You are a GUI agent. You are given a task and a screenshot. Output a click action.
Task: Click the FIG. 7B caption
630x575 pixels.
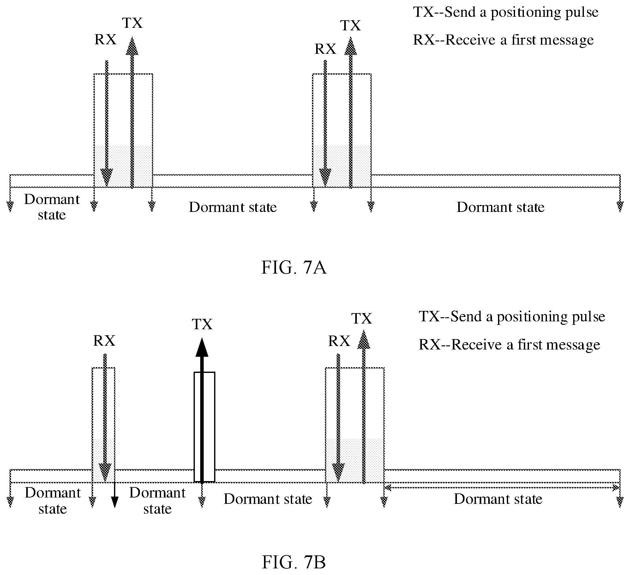(294, 562)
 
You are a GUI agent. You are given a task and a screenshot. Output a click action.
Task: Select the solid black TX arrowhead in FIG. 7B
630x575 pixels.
(202, 347)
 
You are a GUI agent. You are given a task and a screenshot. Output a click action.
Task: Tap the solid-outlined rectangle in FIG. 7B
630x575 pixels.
(204, 427)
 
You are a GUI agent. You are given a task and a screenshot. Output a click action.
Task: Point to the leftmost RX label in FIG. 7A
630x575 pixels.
(105, 40)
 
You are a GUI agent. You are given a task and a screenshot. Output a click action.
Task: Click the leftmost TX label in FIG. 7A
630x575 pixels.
(132, 23)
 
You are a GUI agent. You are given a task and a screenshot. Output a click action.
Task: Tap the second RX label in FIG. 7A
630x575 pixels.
(326, 49)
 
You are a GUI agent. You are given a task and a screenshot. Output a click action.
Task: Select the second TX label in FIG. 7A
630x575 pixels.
(351, 26)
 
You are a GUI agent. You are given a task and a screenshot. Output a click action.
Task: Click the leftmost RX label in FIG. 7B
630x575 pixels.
(104, 341)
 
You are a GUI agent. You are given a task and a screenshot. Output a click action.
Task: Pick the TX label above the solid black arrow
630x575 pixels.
(202, 324)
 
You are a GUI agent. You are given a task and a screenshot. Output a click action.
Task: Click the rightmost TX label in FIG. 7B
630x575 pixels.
(362, 319)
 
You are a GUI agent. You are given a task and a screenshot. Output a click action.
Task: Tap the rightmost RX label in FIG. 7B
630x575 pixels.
(339, 341)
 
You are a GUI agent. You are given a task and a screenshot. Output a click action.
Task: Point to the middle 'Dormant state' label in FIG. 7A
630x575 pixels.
(233, 207)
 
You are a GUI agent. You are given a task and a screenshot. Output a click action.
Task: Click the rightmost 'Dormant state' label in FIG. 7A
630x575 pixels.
(501, 207)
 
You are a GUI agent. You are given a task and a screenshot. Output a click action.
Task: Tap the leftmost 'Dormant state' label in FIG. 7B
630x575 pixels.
(53, 501)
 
